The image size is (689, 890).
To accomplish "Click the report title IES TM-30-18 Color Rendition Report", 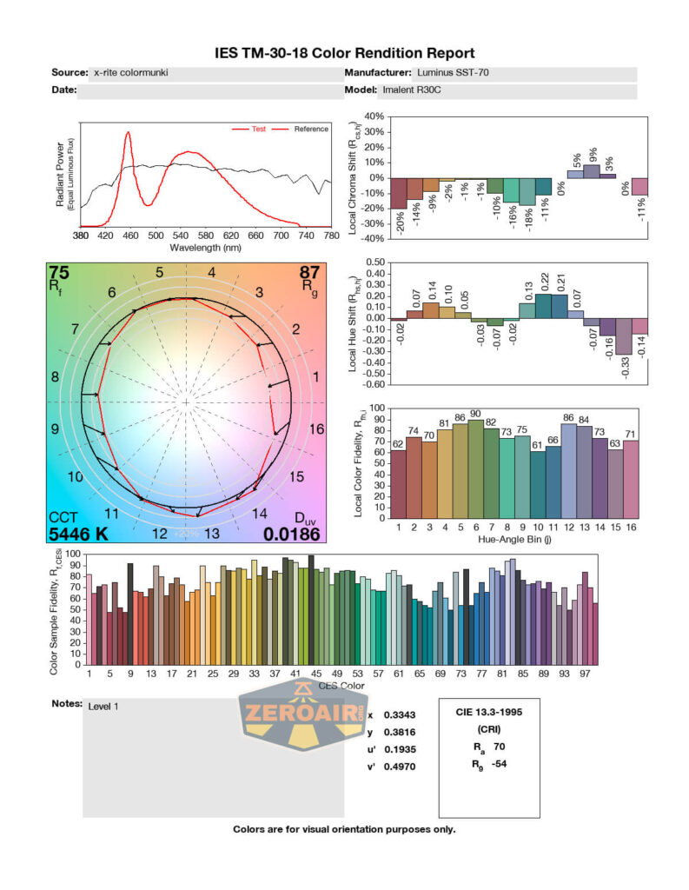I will (x=344, y=54).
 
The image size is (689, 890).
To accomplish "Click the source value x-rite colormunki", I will (x=130, y=74).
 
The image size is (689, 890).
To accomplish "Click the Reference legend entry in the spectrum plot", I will (x=310, y=130).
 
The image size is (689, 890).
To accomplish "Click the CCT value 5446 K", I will (x=78, y=534).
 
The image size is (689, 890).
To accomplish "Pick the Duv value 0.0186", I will (x=293, y=534).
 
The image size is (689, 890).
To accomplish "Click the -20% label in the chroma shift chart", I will (x=399, y=222).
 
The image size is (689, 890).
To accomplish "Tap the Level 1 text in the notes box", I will (x=103, y=707).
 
